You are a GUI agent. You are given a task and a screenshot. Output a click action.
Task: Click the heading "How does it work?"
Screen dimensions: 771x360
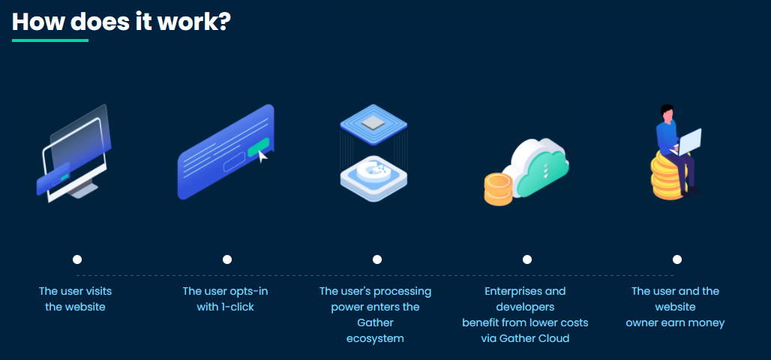(x=121, y=22)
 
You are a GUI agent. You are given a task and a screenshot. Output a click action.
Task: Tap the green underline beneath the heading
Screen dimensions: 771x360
(x=50, y=40)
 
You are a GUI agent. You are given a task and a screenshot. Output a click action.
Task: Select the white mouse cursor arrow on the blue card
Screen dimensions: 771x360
(x=263, y=157)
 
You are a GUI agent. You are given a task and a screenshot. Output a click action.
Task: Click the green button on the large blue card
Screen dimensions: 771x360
(x=258, y=148)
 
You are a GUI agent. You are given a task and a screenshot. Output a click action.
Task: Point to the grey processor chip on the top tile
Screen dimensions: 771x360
(x=373, y=122)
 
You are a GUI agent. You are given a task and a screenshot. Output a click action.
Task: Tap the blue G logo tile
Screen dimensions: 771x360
(x=373, y=178)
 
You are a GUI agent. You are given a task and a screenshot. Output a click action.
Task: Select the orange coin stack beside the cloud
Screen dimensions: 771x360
(x=498, y=189)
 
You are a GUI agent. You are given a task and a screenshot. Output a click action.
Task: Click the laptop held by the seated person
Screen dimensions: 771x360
(x=689, y=142)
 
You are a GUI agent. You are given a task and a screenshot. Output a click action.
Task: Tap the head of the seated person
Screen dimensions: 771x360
(x=667, y=113)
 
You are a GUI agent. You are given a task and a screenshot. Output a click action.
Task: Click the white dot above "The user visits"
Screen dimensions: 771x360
(x=77, y=259)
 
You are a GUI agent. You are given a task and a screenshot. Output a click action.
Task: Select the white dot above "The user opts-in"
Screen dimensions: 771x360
(x=227, y=259)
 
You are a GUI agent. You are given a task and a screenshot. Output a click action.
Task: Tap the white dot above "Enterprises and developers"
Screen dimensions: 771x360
(x=527, y=259)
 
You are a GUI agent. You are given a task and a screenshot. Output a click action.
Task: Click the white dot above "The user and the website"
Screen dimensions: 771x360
(x=677, y=259)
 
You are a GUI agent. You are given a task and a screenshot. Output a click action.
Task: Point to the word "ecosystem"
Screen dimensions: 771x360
(x=375, y=339)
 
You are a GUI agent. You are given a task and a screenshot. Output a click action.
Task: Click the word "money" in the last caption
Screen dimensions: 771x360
(x=707, y=323)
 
